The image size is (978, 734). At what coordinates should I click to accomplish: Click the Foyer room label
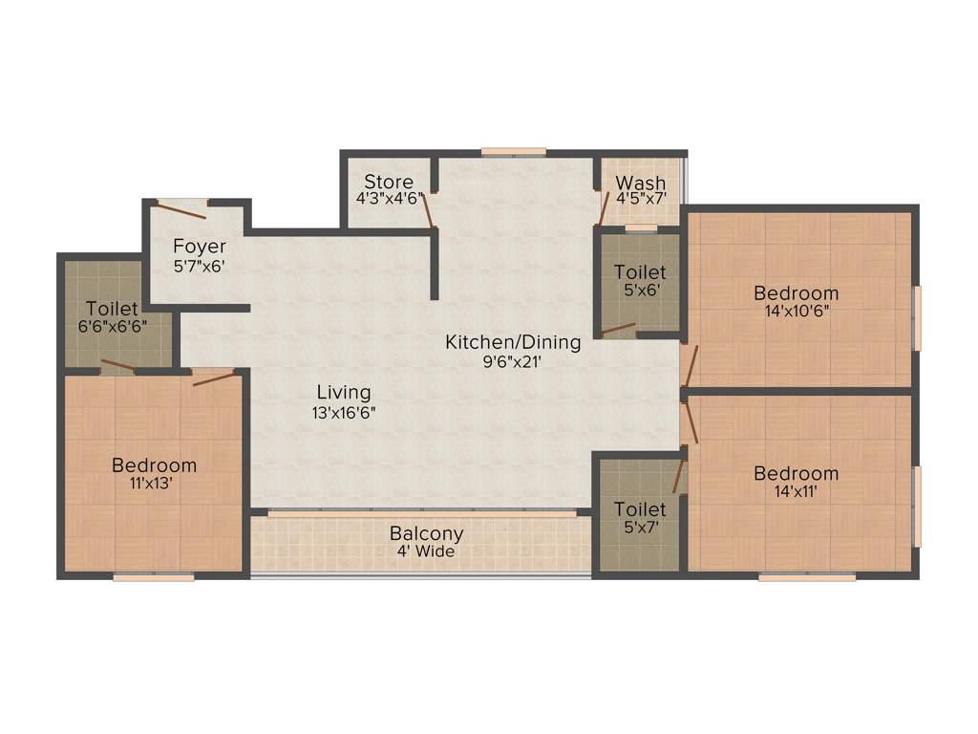[200, 247]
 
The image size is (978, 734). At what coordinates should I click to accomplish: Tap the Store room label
[389, 182]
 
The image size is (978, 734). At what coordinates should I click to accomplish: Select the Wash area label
[640, 183]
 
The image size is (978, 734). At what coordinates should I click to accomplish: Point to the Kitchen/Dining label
[513, 341]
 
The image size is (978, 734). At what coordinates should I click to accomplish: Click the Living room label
[344, 392]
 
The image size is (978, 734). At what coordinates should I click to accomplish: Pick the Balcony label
[426, 533]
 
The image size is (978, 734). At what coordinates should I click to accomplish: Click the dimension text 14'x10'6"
[796, 311]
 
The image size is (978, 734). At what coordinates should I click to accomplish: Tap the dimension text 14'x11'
[796, 491]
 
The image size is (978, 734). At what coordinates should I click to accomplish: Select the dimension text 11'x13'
[154, 484]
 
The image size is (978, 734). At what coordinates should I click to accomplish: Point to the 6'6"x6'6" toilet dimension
[113, 326]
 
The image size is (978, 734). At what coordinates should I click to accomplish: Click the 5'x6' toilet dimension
[640, 291]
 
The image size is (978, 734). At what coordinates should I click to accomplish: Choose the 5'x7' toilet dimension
[640, 526]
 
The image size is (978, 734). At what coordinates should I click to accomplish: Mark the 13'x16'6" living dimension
[344, 412]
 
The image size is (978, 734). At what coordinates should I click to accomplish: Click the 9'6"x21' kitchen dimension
[513, 361]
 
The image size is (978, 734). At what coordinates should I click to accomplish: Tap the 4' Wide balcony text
[426, 551]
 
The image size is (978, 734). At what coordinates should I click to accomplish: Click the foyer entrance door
[182, 203]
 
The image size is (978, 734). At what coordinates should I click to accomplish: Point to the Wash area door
[605, 206]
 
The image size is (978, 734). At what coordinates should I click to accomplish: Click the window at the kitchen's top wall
[514, 151]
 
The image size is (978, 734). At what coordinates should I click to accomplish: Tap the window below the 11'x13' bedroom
[154, 576]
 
